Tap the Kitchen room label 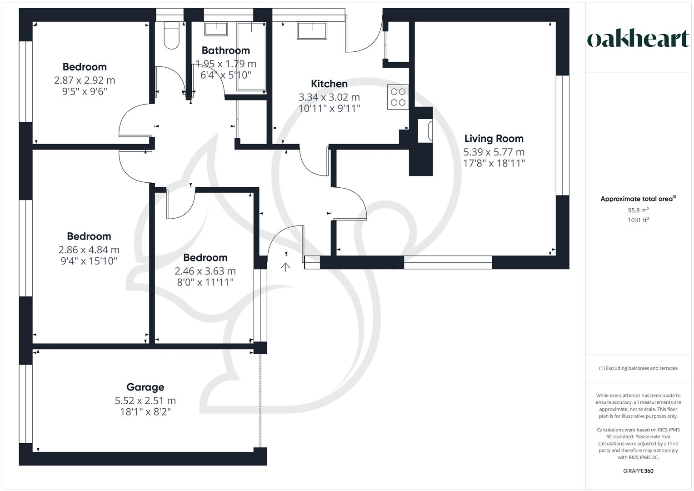[x=329, y=84]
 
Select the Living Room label [x=494, y=139]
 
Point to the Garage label [x=145, y=387]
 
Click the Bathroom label [x=225, y=50]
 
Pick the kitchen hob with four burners [x=398, y=97]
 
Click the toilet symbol [x=172, y=35]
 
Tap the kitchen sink [x=312, y=30]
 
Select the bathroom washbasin [x=216, y=29]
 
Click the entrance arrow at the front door [x=286, y=267]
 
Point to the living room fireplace [x=425, y=131]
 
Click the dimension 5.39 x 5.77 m [x=494, y=152]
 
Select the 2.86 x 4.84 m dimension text [x=89, y=250]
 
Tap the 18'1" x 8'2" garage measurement [x=145, y=412]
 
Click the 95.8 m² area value [x=638, y=210]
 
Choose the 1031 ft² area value [x=638, y=220]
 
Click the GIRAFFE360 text [x=638, y=471]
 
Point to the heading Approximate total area [x=638, y=199]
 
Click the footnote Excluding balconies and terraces [x=638, y=368]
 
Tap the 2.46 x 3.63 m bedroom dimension [x=205, y=271]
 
